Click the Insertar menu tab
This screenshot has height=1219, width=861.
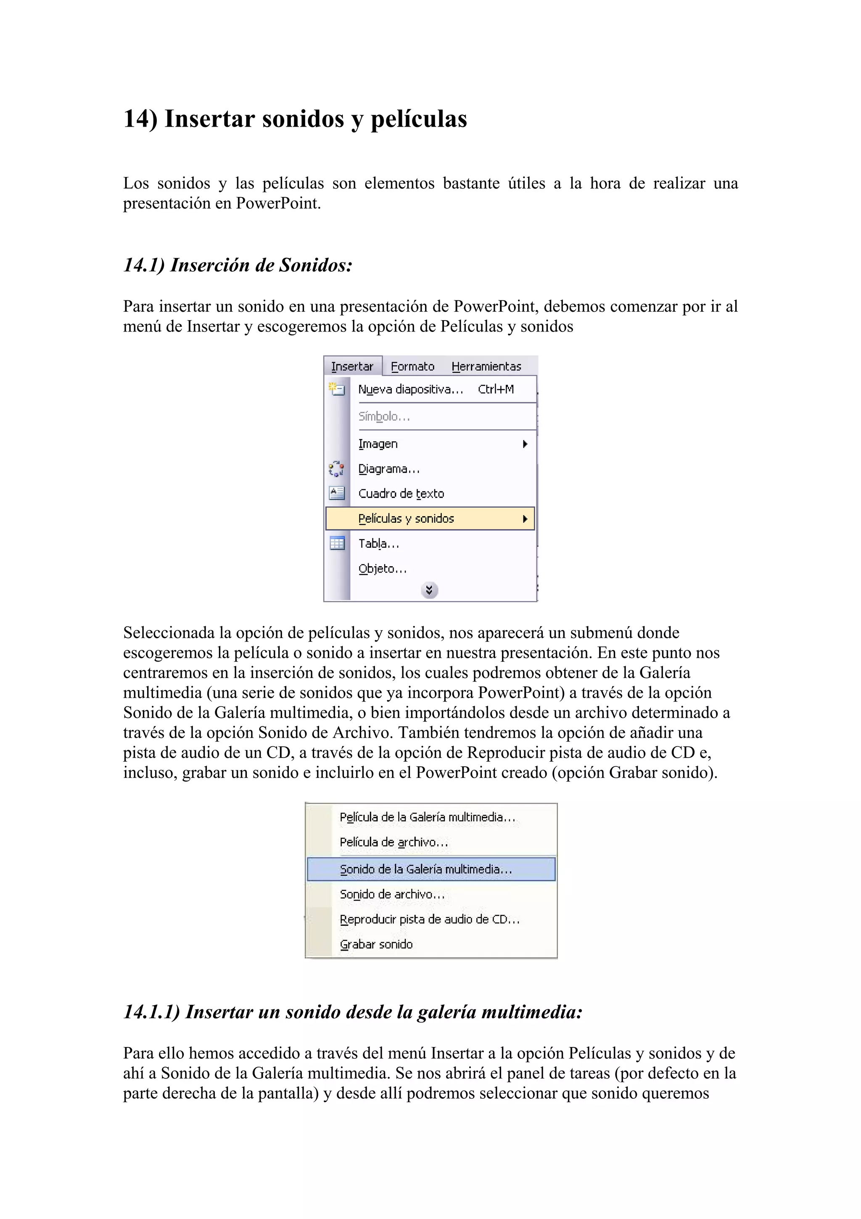(x=352, y=366)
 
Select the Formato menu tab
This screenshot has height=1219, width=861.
(x=412, y=366)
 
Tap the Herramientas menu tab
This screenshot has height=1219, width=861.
(x=486, y=366)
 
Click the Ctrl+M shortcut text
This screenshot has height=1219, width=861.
(x=496, y=389)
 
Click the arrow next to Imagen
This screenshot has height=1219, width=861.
(x=525, y=444)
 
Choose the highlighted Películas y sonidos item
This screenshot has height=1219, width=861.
(x=407, y=519)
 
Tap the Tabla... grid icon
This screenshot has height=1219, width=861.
(x=337, y=543)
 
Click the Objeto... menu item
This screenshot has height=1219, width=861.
(x=383, y=569)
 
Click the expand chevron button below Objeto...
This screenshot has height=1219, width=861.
(x=429, y=590)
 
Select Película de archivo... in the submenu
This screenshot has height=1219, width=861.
(x=394, y=842)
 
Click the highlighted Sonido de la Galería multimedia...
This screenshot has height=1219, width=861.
(x=426, y=869)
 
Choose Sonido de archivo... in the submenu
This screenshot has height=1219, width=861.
(x=392, y=894)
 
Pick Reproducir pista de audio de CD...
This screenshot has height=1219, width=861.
(x=429, y=919)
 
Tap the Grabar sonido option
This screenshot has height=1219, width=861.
(x=376, y=944)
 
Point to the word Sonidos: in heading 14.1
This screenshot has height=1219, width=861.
(x=316, y=265)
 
